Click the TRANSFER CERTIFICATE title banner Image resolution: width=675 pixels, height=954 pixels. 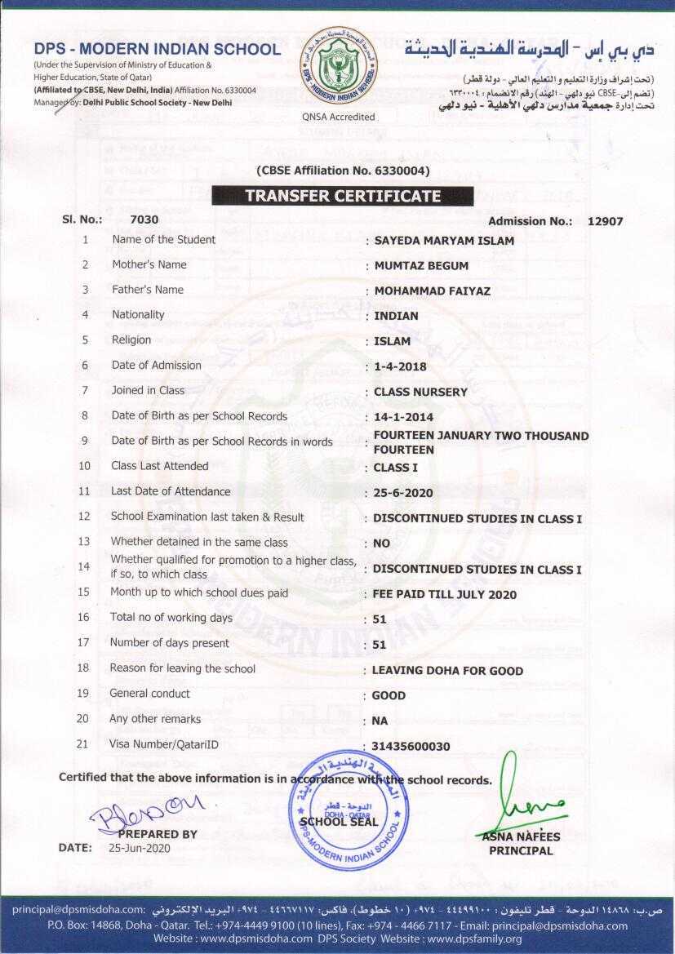click(343, 196)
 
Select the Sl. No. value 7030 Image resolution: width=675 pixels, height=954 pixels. click(144, 220)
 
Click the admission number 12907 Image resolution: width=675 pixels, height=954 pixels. click(605, 221)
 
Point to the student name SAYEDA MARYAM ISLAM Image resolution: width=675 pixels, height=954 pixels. click(444, 241)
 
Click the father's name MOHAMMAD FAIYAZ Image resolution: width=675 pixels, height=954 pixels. click(432, 291)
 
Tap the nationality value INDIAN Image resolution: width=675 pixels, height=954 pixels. click(396, 316)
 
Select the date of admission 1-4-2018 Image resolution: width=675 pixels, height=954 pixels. click(400, 366)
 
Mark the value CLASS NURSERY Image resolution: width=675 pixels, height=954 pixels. click(420, 392)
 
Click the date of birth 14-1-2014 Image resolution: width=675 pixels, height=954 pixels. click(403, 417)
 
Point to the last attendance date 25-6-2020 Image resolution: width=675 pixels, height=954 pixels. click(403, 493)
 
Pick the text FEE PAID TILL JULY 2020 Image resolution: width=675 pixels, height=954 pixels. click(444, 595)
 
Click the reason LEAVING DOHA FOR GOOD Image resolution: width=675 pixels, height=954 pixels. click(447, 671)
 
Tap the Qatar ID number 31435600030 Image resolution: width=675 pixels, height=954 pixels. click(411, 747)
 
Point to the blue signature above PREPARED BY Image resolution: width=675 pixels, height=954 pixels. click(147, 813)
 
